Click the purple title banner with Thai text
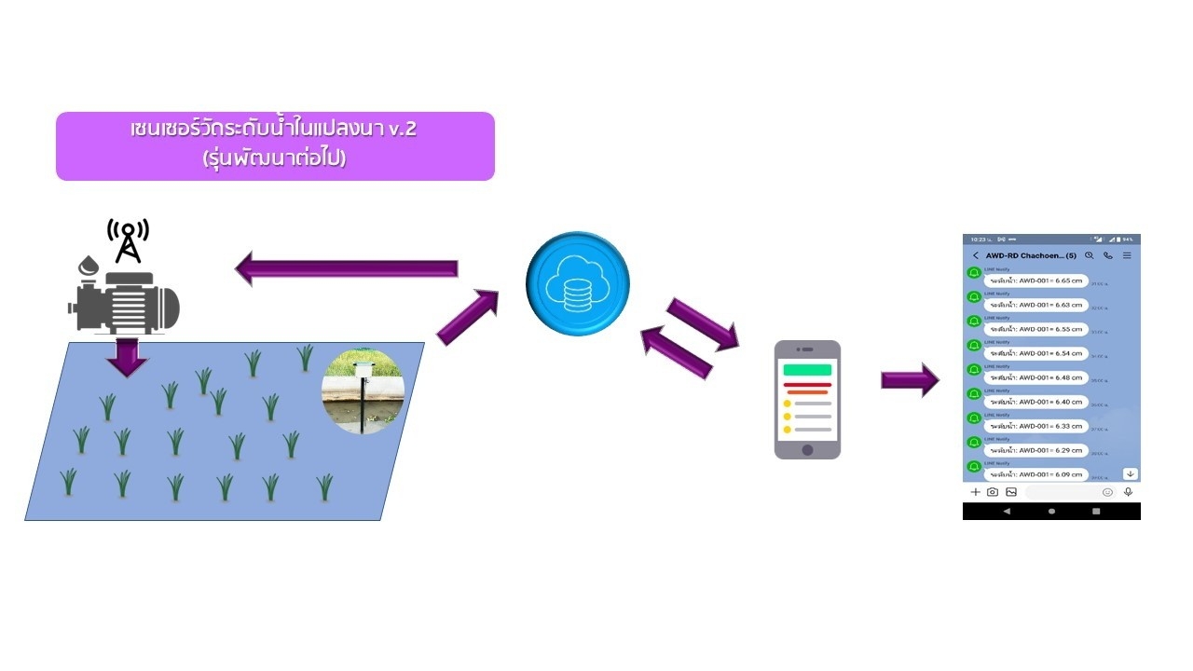[x=275, y=145]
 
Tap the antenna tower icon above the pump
[x=128, y=240]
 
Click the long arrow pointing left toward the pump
[x=347, y=268]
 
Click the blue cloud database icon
[x=578, y=283]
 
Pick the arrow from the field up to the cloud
[x=467, y=317]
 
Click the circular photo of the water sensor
[x=363, y=392]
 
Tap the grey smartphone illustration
[x=807, y=399]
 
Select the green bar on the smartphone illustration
[x=807, y=369]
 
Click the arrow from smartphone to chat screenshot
[x=910, y=379]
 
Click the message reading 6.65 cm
[x=1035, y=281]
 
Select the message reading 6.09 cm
[x=1035, y=474]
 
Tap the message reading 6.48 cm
[x=1035, y=377]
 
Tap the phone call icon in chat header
[x=1108, y=255]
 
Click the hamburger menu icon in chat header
[x=1127, y=255]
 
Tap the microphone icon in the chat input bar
[x=1128, y=492]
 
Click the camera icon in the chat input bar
[x=993, y=492]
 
